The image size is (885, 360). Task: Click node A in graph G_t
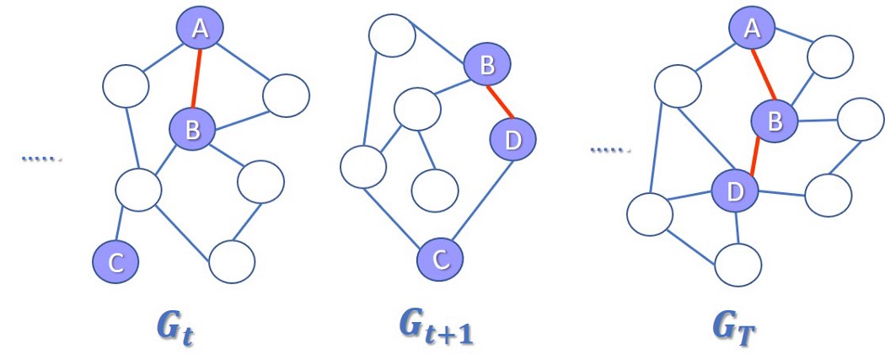point(200,29)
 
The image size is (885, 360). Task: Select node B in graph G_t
point(192,129)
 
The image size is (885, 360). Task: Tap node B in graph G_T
point(774,121)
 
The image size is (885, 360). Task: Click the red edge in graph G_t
point(196,78)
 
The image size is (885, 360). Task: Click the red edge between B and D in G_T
point(755,156)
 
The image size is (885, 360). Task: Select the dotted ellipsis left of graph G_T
point(609,150)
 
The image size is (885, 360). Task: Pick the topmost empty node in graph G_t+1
point(392,35)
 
